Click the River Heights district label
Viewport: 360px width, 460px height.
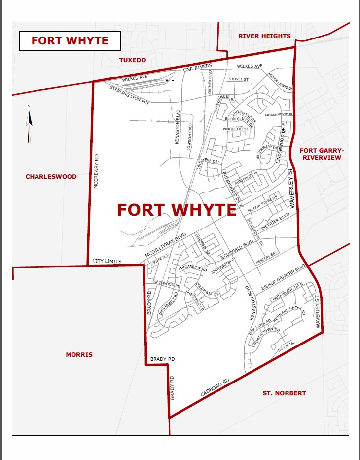tap(264, 36)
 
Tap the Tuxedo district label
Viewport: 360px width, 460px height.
tap(133, 60)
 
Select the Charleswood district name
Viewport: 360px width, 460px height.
tap(51, 176)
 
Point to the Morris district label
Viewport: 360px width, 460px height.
tap(79, 354)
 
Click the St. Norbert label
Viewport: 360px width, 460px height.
tap(284, 393)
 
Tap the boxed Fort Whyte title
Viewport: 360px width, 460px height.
tap(70, 40)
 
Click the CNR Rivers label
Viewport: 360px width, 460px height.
tap(197, 68)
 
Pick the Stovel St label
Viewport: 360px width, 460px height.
tap(239, 79)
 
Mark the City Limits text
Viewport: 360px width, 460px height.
tap(107, 261)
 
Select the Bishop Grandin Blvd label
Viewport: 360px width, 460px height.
tap(284, 277)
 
